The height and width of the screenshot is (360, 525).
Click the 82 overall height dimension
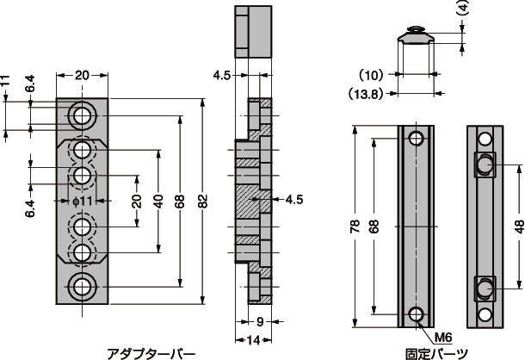203,202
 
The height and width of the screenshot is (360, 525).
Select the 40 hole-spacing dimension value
158,202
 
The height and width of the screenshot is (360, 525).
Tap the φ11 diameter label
82,202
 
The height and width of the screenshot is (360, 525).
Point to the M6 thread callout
443,338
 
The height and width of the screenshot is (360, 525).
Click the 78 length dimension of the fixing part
355,227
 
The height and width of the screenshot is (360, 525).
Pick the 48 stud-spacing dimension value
519,227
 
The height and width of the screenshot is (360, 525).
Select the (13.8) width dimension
365,94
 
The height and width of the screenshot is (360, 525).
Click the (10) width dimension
371,75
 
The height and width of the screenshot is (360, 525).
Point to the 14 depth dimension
253,340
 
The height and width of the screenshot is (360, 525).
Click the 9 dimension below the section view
260,322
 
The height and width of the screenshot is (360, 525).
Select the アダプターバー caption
151,354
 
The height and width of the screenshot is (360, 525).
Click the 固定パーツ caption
436,354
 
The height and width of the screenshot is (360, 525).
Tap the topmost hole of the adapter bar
82,116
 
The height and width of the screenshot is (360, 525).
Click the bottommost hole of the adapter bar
82,287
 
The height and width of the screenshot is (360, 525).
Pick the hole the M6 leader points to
417,314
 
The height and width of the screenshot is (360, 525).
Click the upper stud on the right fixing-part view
485,164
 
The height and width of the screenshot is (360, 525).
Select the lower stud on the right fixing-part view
485,288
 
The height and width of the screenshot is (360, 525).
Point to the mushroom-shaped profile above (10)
416,34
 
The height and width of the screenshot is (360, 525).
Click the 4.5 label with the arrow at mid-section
294,200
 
